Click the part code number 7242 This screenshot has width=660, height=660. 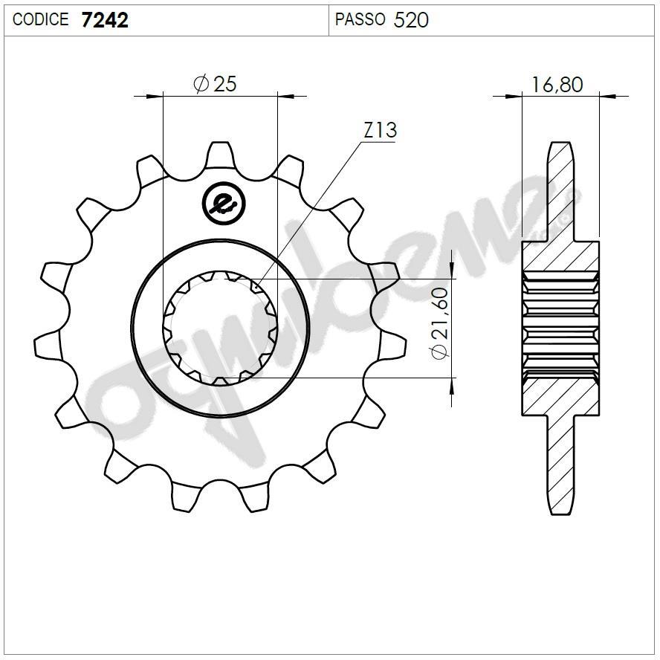(x=104, y=20)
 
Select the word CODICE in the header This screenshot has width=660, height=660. (x=41, y=20)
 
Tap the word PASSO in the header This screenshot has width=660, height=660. (x=360, y=20)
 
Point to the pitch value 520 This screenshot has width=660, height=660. (x=411, y=20)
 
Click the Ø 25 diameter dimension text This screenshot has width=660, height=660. (x=215, y=84)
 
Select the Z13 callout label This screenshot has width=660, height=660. (x=380, y=131)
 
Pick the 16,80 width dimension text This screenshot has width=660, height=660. (x=557, y=85)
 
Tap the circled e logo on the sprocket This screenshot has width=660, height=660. (x=221, y=201)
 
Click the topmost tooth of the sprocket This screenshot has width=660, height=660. (x=219, y=154)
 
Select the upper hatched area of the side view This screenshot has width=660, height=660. (x=560, y=257)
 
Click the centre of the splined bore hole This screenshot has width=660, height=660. (x=220, y=327)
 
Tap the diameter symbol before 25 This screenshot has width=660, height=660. (x=201, y=85)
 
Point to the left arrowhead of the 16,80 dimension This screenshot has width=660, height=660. (x=514, y=96)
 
